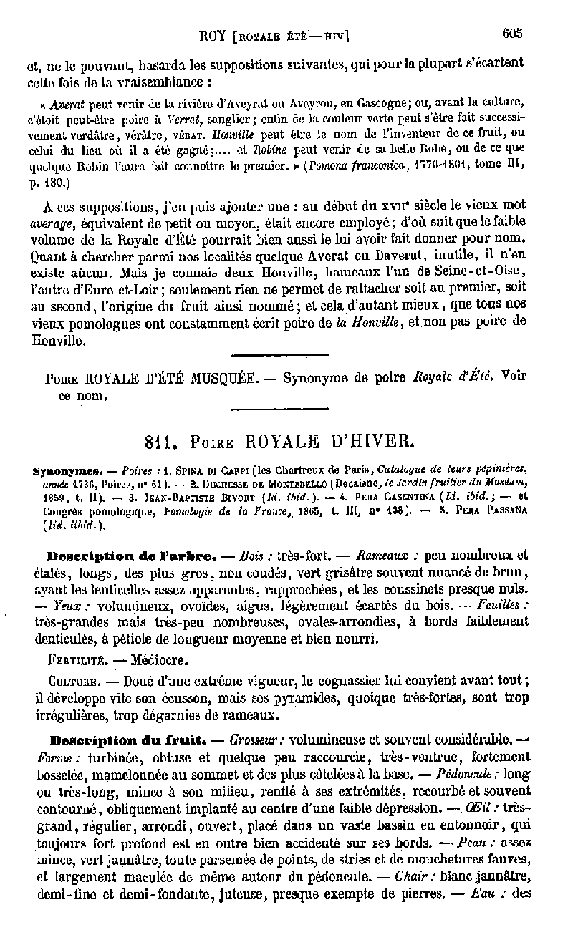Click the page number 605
(513, 33)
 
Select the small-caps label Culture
(72, 679)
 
